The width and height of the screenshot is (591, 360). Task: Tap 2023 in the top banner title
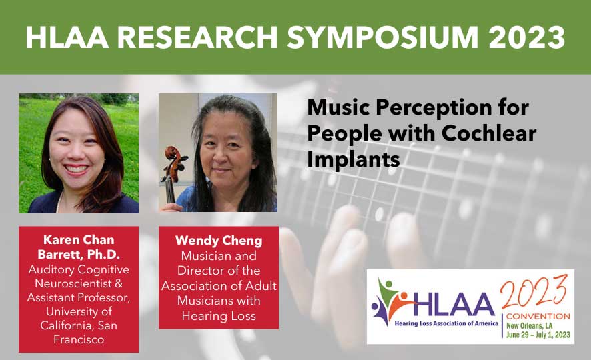526,37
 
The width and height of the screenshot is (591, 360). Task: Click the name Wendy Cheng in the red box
218,240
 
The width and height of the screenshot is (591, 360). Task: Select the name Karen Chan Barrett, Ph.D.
78,247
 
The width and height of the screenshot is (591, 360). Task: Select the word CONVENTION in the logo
537,315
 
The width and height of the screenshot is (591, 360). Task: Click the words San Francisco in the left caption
78,333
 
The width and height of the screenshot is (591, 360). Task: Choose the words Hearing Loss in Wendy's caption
218,316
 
